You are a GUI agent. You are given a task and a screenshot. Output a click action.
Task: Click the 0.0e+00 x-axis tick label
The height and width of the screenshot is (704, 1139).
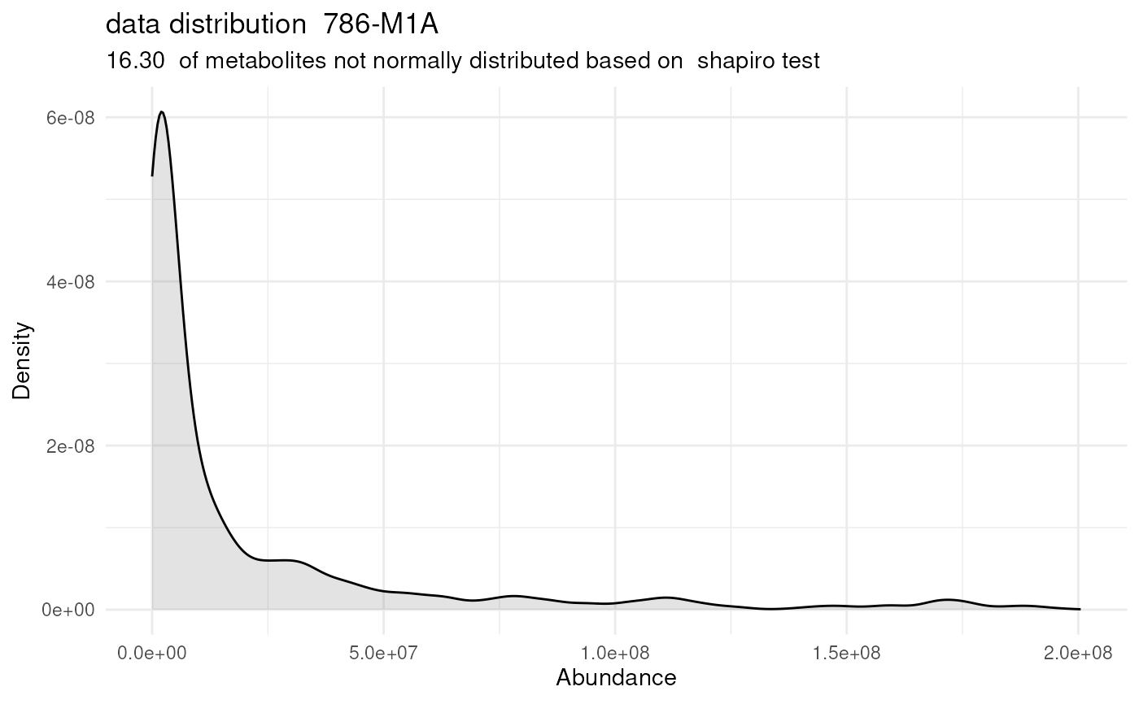point(152,653)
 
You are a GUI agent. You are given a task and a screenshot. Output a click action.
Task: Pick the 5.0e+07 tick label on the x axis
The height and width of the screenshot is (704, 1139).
point(383,653)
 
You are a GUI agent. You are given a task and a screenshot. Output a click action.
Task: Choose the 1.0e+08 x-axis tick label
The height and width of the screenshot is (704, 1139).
point(615,653)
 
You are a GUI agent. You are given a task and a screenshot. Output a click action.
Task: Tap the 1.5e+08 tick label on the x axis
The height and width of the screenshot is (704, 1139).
point(847,653)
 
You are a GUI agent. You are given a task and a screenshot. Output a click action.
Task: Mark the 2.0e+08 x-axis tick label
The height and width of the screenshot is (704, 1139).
point(1078,653)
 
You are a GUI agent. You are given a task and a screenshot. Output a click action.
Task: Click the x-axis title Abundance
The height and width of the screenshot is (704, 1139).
point(616,678)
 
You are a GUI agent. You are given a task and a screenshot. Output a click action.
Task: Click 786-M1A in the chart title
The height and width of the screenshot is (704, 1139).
point(381,25)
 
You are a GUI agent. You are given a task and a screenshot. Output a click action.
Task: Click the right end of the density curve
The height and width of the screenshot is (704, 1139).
point(1079,609)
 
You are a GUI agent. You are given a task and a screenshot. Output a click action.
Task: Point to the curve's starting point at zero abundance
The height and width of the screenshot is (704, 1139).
point(152,175)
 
